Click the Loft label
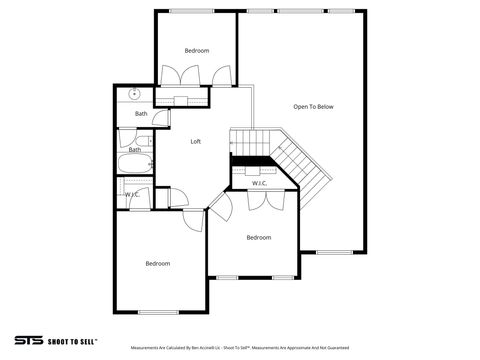click(196, 141)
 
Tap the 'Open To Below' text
click(312, 106)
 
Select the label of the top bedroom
click(197, 50)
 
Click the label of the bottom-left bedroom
click(157, 263)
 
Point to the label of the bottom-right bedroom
click(259, 237)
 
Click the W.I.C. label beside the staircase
click(259, 183)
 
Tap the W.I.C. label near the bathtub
click(131, 193)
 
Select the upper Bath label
click(141, 114)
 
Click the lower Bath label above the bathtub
click(134, 150)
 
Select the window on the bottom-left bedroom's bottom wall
click(157, 312)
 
